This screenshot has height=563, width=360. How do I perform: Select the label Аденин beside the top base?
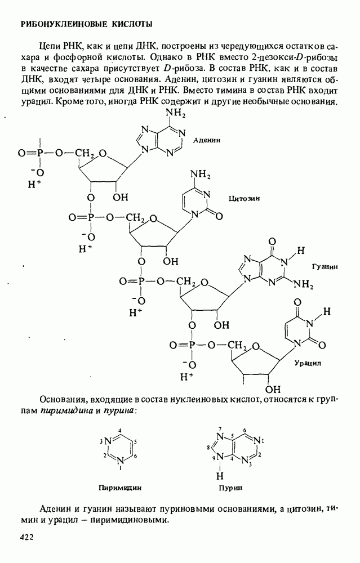206,140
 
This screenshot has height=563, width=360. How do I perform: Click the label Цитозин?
245,199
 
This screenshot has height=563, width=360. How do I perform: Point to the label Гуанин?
325,267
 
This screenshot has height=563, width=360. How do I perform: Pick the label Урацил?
308,363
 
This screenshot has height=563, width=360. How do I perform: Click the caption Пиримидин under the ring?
120,488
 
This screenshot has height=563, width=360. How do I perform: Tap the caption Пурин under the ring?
230,488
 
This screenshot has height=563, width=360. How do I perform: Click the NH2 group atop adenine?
175,114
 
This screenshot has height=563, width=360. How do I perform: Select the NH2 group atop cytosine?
200,175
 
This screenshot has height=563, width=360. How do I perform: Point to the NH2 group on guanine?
303,285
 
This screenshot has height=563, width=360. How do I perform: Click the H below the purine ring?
220,476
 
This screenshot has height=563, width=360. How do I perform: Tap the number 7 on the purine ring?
220,429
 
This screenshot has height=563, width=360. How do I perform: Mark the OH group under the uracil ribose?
273,389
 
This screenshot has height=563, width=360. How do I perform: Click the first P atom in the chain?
41,153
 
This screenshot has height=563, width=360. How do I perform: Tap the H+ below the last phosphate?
186,377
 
